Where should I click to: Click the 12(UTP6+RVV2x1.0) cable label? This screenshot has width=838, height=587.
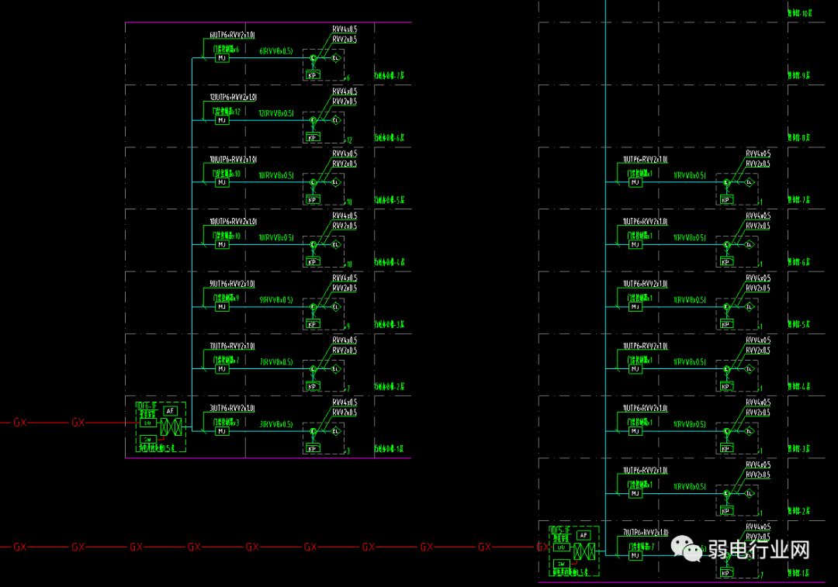[233, 98]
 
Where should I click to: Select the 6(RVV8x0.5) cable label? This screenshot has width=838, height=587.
[276, 51]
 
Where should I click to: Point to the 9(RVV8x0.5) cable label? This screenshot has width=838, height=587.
[276, 300]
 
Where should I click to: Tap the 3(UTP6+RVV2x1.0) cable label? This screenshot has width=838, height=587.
[233, 409]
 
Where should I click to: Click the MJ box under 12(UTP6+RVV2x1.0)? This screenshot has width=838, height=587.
[222, 120]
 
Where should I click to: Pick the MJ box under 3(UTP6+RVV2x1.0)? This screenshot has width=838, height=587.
[222, 431]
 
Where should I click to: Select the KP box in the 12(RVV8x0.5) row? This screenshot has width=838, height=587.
[313, 138]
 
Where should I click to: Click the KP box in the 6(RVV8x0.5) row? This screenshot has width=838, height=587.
[313, 75]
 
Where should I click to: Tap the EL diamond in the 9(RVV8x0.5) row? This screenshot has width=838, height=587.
[336, 307]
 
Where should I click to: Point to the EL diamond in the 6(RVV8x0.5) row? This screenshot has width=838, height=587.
[336, 58]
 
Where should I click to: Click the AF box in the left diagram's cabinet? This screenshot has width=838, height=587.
[171, 410]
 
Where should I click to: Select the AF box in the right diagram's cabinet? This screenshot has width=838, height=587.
[583, 535]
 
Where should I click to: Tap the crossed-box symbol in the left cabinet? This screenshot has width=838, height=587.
[171, 426]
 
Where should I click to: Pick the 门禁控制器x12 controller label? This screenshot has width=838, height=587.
[227, 112]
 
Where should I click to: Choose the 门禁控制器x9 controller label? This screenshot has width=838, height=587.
[227, 298]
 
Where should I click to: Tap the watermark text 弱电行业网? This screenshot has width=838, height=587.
[758, 550]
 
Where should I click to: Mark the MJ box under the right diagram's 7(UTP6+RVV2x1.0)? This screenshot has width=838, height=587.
[635, 556]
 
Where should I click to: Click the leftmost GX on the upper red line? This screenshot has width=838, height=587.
[20, 423]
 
